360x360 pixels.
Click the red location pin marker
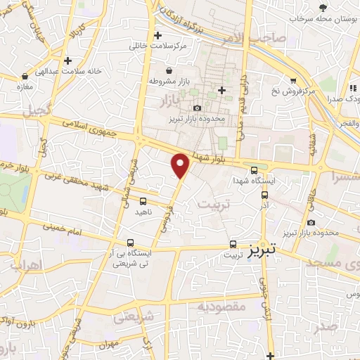181,166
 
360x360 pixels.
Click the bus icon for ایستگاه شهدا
254,170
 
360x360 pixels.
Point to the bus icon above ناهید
143,202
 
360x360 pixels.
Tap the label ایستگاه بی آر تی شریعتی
131,259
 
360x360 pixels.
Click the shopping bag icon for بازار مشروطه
169,70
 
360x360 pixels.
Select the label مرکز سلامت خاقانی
157,46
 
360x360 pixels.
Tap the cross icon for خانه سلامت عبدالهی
67,61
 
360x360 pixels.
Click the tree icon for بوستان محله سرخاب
322,7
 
